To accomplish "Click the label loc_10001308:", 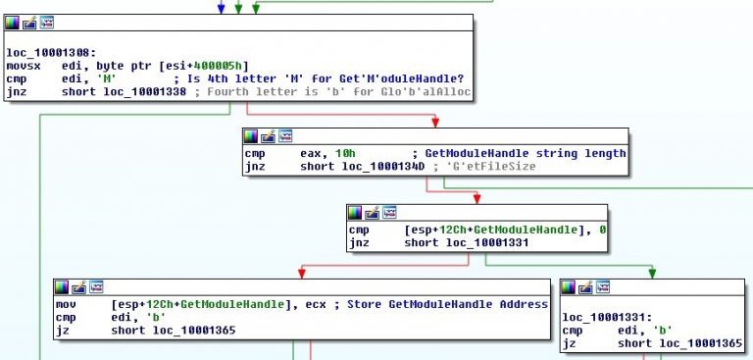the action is coord(48,52).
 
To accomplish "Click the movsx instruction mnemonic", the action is coord(21,66).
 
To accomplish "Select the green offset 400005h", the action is coord(220,66).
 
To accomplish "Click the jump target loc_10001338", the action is coord(145,92).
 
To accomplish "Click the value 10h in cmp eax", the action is coord(347,154).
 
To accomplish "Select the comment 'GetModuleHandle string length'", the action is coord(526,154).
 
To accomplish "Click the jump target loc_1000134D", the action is coord(383,167).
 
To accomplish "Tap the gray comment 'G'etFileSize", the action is coord(484,167).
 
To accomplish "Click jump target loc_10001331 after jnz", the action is coord(487,243).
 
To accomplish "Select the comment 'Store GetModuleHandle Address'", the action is coord(447,305).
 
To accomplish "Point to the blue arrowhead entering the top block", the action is coord(221,9).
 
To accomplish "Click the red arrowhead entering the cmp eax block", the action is coord(435,123).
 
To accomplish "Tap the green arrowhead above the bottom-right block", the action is coord(652,274).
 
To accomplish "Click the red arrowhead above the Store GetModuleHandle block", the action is coord(302,274).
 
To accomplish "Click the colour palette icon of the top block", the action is coord(12,23).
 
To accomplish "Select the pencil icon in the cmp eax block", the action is coord(268,136).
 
